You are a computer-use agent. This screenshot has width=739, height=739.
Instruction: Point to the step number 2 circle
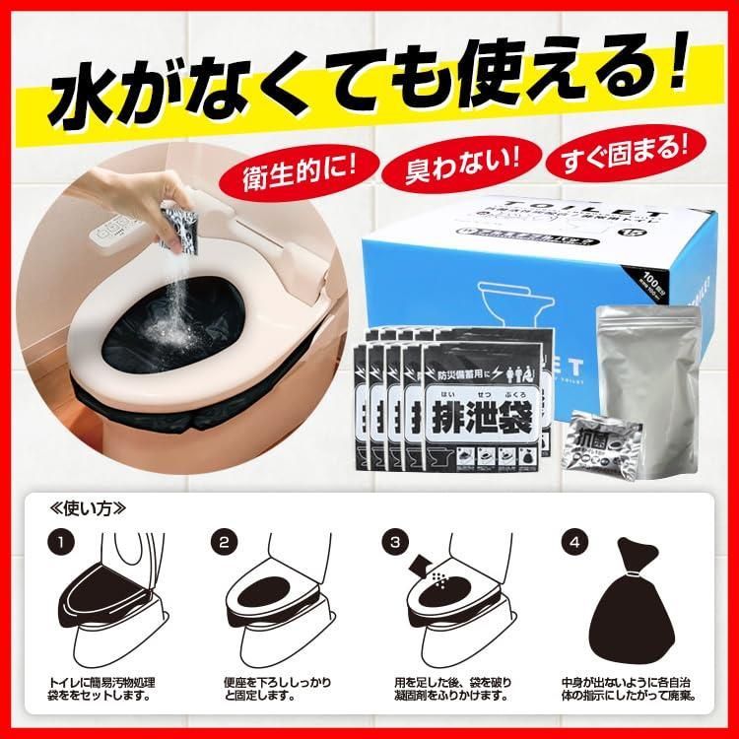click(x=224, y=541)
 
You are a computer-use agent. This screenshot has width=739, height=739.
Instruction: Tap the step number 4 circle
click(x=569, y=541)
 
